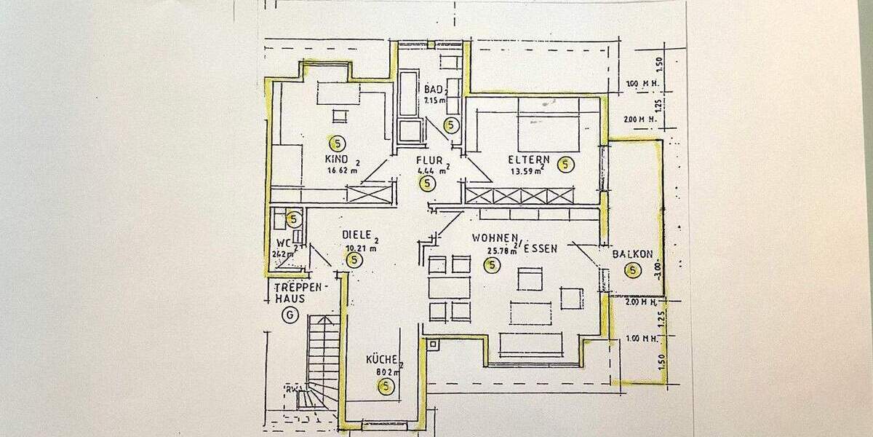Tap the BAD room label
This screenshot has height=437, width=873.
[434, 89]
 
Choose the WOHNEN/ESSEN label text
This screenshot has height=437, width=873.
[514, 243]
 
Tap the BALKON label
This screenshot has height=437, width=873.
[632, 254]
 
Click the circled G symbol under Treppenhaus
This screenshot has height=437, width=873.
[291, 315]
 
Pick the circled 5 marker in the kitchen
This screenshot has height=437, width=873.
[386, 387]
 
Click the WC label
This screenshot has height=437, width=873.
[284, 243]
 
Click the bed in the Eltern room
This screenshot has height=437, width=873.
[550, 124]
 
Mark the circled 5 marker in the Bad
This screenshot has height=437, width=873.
[451, 125]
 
